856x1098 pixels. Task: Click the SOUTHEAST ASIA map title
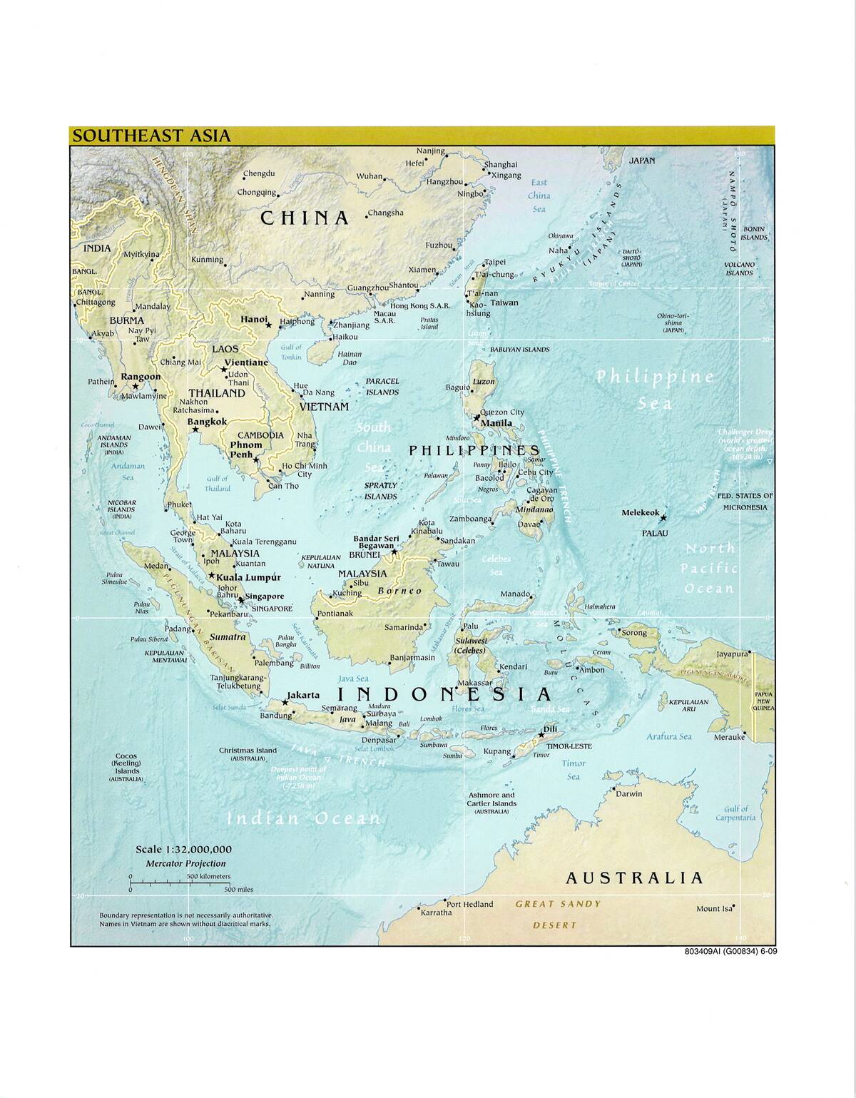151,136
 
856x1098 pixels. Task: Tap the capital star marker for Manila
477,417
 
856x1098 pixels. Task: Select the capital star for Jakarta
285,702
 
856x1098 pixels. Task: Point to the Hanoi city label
254,320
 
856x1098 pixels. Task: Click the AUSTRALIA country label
634,878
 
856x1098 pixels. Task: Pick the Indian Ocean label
303,818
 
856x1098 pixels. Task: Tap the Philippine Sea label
655,389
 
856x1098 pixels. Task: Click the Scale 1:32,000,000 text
183,849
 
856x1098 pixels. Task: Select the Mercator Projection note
185,863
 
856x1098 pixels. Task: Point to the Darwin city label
628,793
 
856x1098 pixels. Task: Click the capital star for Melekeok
663,517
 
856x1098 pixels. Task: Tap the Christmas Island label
248,751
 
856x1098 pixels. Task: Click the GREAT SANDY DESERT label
557,914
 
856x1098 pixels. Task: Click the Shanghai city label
501,165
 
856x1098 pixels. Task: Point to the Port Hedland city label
469,904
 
